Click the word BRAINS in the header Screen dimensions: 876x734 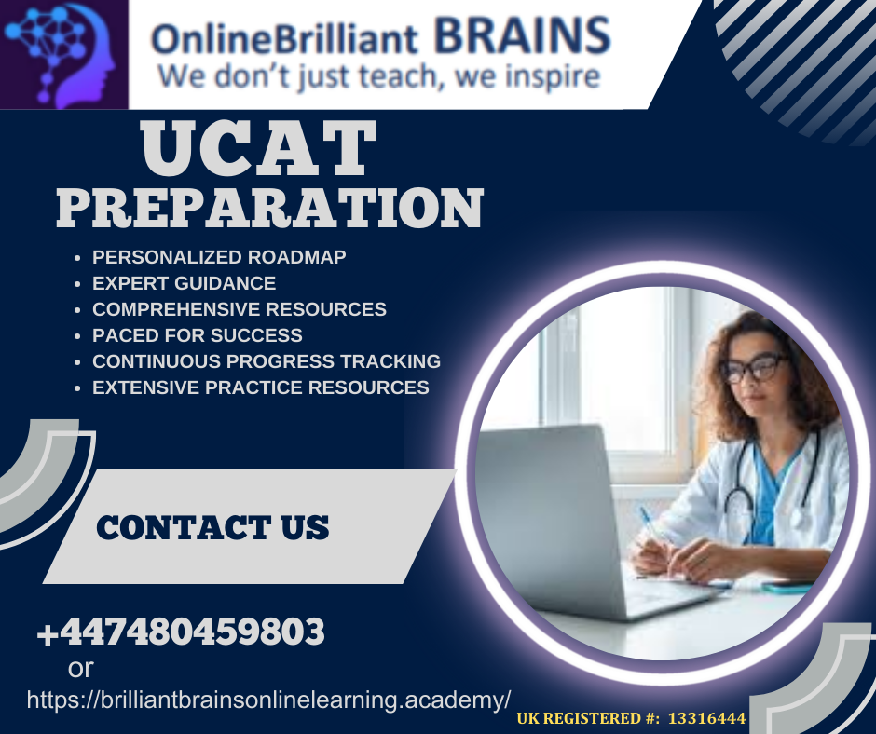click(x=522, y=35)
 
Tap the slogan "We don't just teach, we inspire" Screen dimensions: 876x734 click(x=379, y=76)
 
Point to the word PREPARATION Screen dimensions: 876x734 click(x=270, y=208)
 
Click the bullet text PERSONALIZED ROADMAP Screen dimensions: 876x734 click(x=219, y=257)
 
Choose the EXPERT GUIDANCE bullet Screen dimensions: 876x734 click(x=184, y=283)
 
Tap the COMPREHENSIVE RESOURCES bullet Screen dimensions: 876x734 click(x=240, y=309)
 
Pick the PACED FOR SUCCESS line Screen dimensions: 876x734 click(x=198, y=335)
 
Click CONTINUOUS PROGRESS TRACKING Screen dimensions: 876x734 click(x=267, y=361)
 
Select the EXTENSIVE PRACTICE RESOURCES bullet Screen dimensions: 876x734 click(x=260, y=387)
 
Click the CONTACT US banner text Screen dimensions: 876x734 click(x=212, y=528)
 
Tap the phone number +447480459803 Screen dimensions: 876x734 click(x=181, y=632)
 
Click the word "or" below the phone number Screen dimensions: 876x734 click(x=80, y=668)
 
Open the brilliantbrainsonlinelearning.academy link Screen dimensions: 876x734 click(x=268, y=700)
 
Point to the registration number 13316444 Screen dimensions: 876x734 click(x=706, y=718)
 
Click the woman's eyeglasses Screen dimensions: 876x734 click(x=753, y=368)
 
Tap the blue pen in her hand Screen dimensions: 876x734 click(x=650, y=523)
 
